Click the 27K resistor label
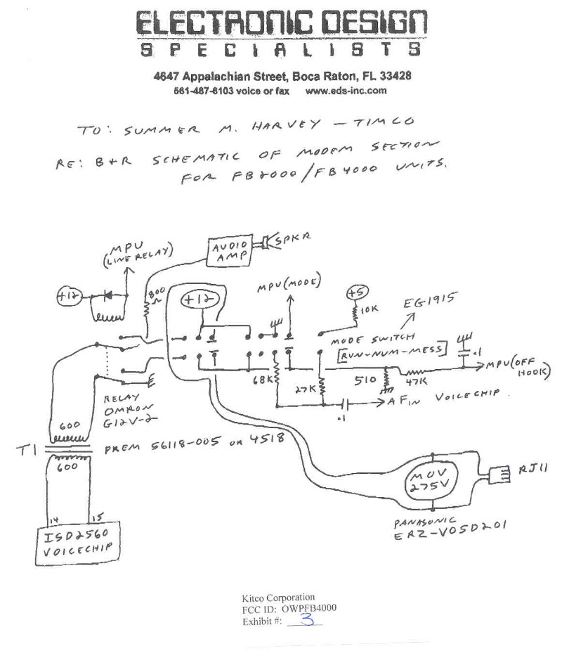tap(307, 387)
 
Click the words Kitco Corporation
tap(278, 598)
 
